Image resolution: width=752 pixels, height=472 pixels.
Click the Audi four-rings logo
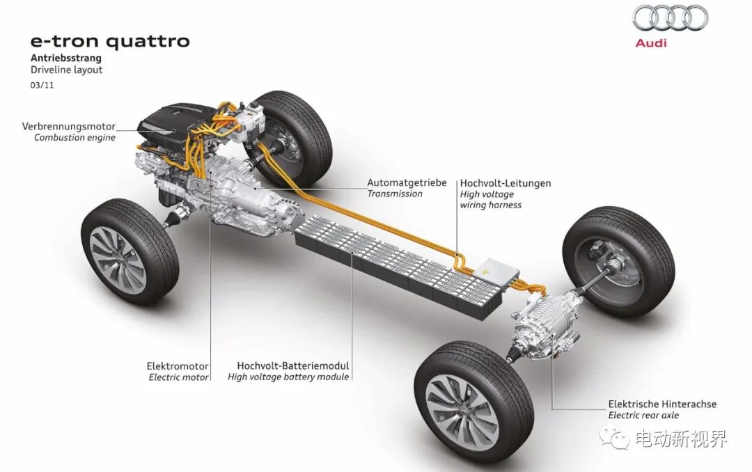(670, 17)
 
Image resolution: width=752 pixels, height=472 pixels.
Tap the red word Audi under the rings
(651, 43)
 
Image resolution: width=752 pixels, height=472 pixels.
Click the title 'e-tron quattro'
(110, 42)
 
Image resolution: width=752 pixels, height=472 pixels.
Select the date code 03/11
(42, 86)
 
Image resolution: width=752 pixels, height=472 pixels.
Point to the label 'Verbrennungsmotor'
(68, 127)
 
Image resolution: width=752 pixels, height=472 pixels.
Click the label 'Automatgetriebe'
(407, 183)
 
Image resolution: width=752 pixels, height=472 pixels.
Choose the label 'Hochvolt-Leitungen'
(506, 183)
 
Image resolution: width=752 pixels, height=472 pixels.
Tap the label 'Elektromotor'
(178, 366)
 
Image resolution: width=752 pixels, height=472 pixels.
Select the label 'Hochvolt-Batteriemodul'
(293, 366)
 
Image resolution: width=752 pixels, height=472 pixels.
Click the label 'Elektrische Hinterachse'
(662, 404)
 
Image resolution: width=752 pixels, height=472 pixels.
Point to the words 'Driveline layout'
(67, 70)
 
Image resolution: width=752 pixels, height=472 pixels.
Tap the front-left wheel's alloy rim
(118, 259)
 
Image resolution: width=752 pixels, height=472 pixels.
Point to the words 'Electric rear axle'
(643, 416)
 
